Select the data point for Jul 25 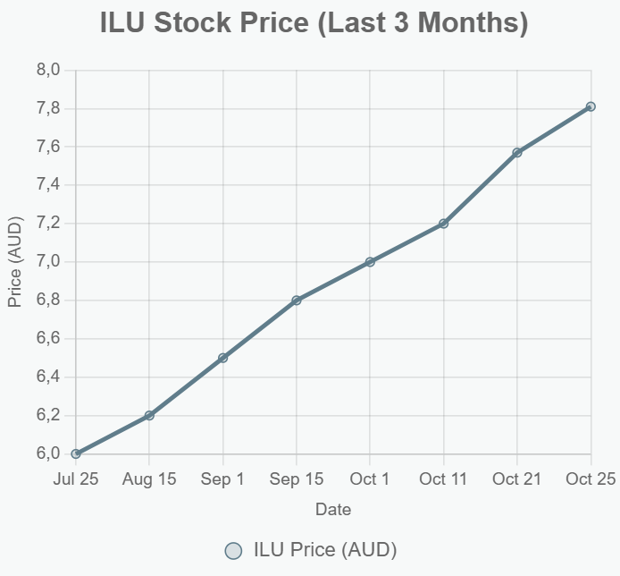tap(76, 453)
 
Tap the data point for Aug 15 tap(149, 415)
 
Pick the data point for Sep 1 tap(223, 358)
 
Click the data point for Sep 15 tap(297, 300)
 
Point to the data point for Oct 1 tap(370, 261)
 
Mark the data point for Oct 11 tap(444, 224)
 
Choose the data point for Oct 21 tap(517, 152)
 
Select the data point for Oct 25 tap(591, 106)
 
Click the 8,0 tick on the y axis tap(48, 70)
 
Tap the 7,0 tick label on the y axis tap(48, 261)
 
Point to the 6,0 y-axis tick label tap(48, 453)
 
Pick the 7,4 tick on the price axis tap(48, 185)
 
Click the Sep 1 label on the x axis tap(223, 479)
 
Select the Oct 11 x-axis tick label tap(444, 479)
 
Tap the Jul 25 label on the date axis tap(76, 479)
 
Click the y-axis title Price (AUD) tap(14, 262)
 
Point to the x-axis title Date tap(333, 510)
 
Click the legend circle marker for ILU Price tap(233, 549)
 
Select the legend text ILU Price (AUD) tap(325, 549)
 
